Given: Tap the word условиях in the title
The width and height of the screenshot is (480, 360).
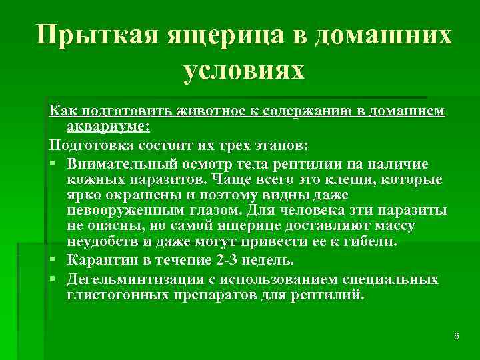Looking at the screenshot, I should tap(243, 69).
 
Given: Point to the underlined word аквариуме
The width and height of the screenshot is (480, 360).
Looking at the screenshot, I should tap(109, 126).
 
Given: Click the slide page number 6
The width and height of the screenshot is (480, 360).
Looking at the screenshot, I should tap(456, 336).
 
